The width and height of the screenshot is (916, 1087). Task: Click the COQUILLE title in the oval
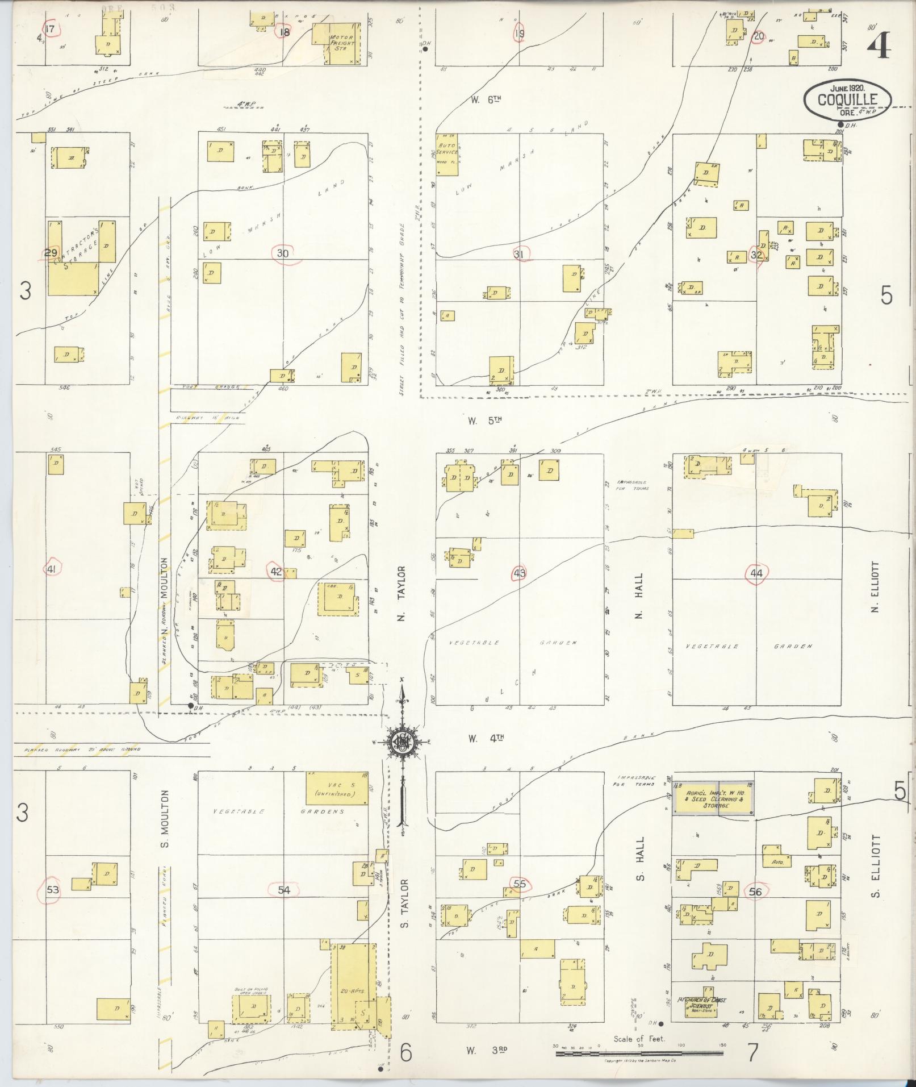pos(847,100)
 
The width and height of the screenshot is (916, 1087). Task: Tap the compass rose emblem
pos(401,741)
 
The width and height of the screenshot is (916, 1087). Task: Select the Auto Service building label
pos(447,149)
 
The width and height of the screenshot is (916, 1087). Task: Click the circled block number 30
pos(282,253)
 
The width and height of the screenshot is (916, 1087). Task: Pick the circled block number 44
pos(756,573)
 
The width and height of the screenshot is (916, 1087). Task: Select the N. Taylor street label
pos(401,594)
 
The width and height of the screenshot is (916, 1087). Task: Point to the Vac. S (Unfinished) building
pos(338,788)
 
